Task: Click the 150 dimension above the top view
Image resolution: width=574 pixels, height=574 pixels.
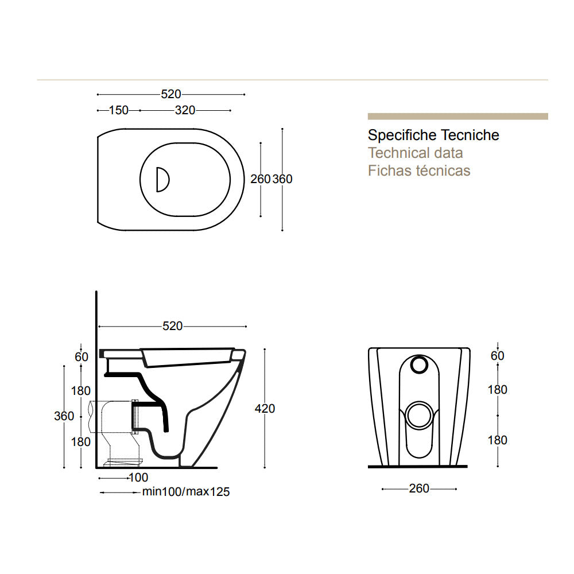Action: [119, 110]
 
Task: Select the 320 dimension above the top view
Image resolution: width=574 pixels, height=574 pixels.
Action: [185, 110]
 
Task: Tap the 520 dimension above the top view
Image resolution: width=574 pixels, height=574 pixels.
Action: [171, 94]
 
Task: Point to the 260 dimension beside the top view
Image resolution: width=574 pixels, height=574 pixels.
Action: [260, 179]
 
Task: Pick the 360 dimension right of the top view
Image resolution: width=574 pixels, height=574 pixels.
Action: [282, 179]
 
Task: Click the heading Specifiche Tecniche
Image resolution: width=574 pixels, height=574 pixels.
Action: [433, 135]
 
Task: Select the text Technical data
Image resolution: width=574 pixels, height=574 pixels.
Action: [415, 153]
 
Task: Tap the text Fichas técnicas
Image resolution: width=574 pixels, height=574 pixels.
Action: [419, 170]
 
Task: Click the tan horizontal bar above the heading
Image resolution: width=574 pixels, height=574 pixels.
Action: [457, 117]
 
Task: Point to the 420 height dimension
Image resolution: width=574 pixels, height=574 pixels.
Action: [265, 409]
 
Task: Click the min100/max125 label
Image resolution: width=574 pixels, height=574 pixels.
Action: [186, 492]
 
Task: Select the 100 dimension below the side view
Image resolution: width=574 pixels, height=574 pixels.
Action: [138, 478]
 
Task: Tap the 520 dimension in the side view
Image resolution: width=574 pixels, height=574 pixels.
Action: [172, 326]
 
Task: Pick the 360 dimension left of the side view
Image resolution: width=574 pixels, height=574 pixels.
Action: [64, 416]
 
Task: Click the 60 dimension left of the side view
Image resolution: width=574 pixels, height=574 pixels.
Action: [82, 357]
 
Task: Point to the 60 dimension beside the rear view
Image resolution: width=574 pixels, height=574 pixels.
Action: [498, 356]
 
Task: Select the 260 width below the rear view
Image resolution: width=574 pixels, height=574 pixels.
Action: [419, 489]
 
